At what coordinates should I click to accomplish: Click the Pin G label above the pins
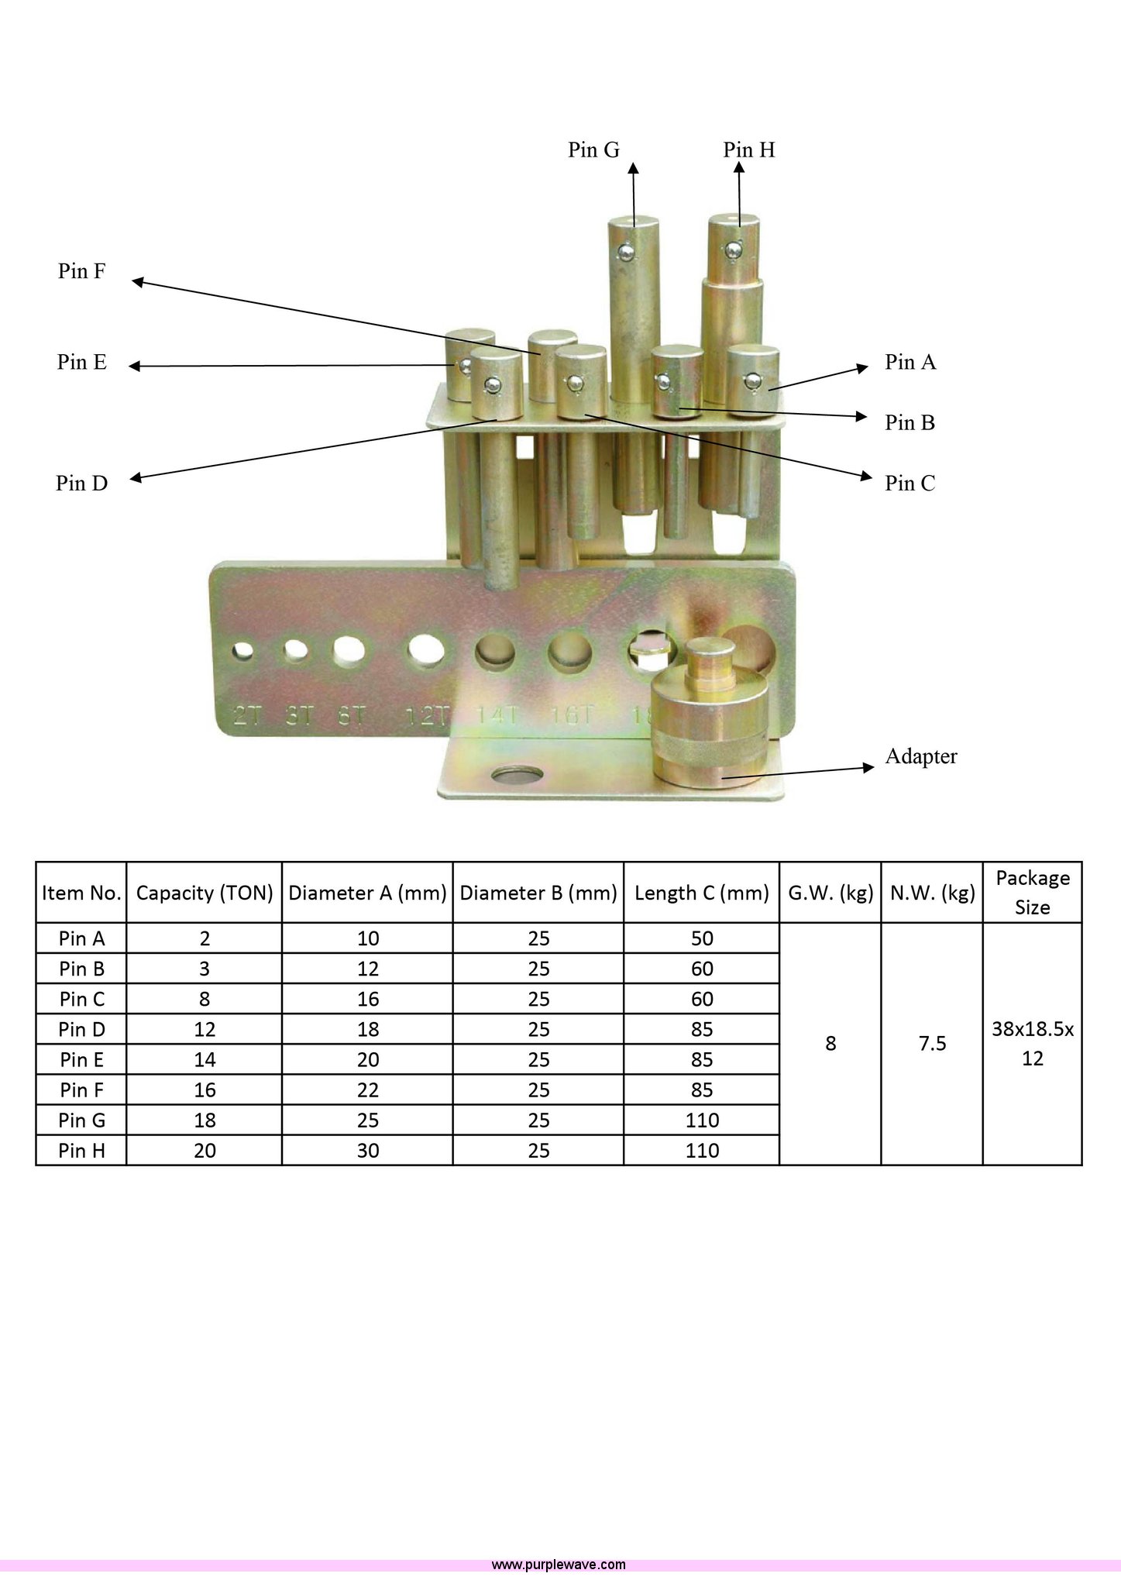point(593,150)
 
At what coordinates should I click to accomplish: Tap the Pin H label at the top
point(748,150)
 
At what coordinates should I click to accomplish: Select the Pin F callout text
point(81,271)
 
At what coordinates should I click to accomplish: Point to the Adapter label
point(920,756)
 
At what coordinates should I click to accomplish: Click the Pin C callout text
point(910,484)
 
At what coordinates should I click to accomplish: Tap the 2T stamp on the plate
point(248,714)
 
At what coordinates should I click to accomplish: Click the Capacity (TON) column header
point(205,893)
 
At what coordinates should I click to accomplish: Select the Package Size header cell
point(1032,893)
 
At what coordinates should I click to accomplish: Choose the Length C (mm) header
point(701,893)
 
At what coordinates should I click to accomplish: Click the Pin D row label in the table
point(81,1029)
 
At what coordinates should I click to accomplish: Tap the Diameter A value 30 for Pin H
point(368,1151)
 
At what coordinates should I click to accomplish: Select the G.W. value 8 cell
point(830,1044)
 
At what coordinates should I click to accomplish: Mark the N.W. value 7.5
point(932,1044)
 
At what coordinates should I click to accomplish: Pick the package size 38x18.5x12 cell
point(1032,1044)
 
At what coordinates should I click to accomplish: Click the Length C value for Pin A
point(701,938)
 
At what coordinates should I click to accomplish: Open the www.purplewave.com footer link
point(559,1565)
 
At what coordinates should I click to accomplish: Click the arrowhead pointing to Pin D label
point(135,479)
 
